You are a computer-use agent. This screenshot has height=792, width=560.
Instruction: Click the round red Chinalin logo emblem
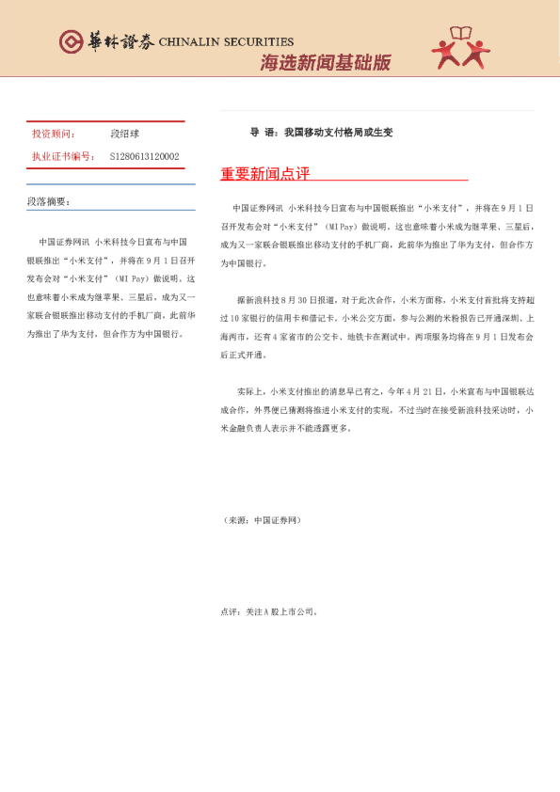[x=72, y=40]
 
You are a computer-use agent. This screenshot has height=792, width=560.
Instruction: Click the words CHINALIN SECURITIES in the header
[x=226, y=41]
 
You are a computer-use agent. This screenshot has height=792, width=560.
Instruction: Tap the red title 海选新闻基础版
[x=325, y=63]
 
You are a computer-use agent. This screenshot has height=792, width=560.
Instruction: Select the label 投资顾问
[x=54, y=135]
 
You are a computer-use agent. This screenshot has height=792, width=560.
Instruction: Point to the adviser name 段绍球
[x=124, y=135]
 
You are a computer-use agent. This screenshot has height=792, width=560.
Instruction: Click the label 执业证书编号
[x=63, y=156]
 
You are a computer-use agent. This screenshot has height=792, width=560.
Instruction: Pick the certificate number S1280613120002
[x=144, y=156]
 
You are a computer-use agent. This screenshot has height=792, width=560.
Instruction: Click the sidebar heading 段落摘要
[x=49, y=201]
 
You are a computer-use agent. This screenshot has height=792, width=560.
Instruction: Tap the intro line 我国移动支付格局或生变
[x=338, y=133]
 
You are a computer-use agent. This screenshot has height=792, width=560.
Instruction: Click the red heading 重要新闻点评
[x=264, y=174]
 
